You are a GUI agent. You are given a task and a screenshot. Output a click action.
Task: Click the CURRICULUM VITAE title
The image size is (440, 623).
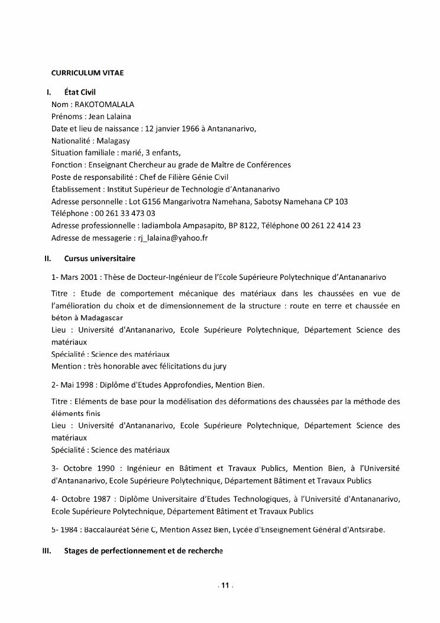click(x=87, y=73)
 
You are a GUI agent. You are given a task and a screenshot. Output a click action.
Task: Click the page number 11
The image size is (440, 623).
click(x=225, y=586)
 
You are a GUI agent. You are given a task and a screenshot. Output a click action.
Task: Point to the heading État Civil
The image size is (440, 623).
click(x=80, y=92)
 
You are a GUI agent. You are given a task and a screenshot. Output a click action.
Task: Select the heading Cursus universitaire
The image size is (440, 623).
click(x=99, y=259)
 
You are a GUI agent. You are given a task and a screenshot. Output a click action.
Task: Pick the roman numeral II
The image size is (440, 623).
click(x=48, y=259)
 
